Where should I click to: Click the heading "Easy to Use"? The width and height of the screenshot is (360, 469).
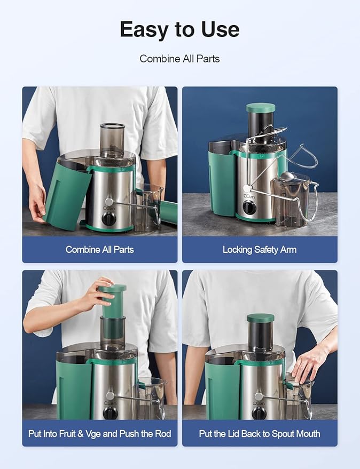pos(179,29)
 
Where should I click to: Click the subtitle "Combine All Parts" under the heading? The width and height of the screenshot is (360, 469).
pos(179,58)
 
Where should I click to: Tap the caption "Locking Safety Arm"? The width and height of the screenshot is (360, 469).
pos(260,249)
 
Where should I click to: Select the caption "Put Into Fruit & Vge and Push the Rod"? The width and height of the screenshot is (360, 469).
pos(100,433)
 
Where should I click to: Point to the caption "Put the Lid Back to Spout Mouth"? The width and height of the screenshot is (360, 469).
pos(260,433)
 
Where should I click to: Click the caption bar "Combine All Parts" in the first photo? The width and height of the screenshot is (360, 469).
pos(100,249)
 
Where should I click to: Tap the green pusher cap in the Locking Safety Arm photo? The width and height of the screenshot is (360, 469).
pos(261,108)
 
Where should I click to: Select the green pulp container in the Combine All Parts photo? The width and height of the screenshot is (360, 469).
pos(68,195)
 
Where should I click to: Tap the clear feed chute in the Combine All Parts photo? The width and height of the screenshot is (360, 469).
pos(112,140)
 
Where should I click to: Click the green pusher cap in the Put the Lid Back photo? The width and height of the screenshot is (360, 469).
pos(260,318)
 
